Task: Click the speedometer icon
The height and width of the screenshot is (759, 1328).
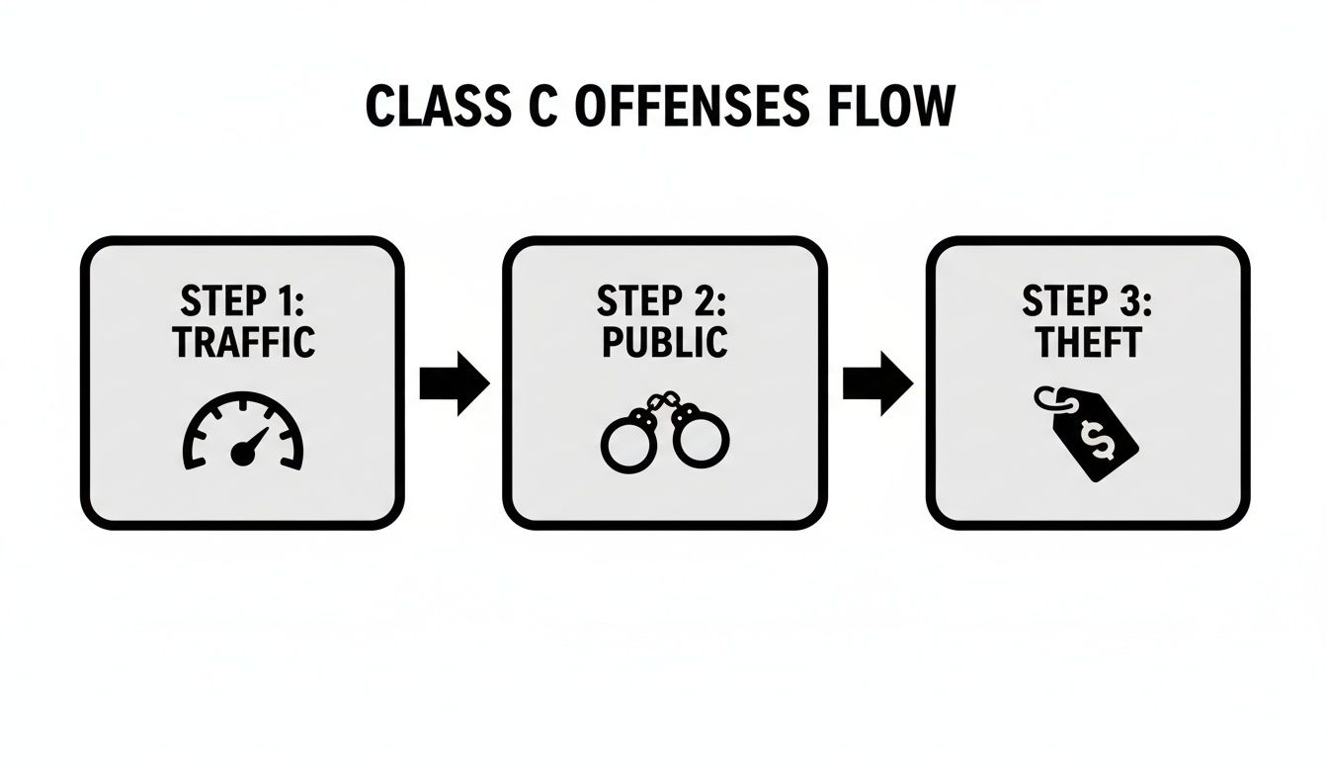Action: click(x=244, y=432)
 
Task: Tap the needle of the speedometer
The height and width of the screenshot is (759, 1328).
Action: click(x=249, y=446)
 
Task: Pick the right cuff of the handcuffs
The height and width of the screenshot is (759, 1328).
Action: click(x=701, y=440)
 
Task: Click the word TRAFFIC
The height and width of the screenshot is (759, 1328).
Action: click(x=243, y=342)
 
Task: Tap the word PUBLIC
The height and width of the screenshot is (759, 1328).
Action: click(x=664, y=342)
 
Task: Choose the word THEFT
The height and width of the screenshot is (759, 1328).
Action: click(x=1087, y=342)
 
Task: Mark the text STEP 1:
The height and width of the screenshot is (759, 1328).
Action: click(x=243, y=300)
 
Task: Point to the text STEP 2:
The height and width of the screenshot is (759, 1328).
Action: click(x=664, y=300)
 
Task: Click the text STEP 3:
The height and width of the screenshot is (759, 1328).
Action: click(x=1087, y=300)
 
